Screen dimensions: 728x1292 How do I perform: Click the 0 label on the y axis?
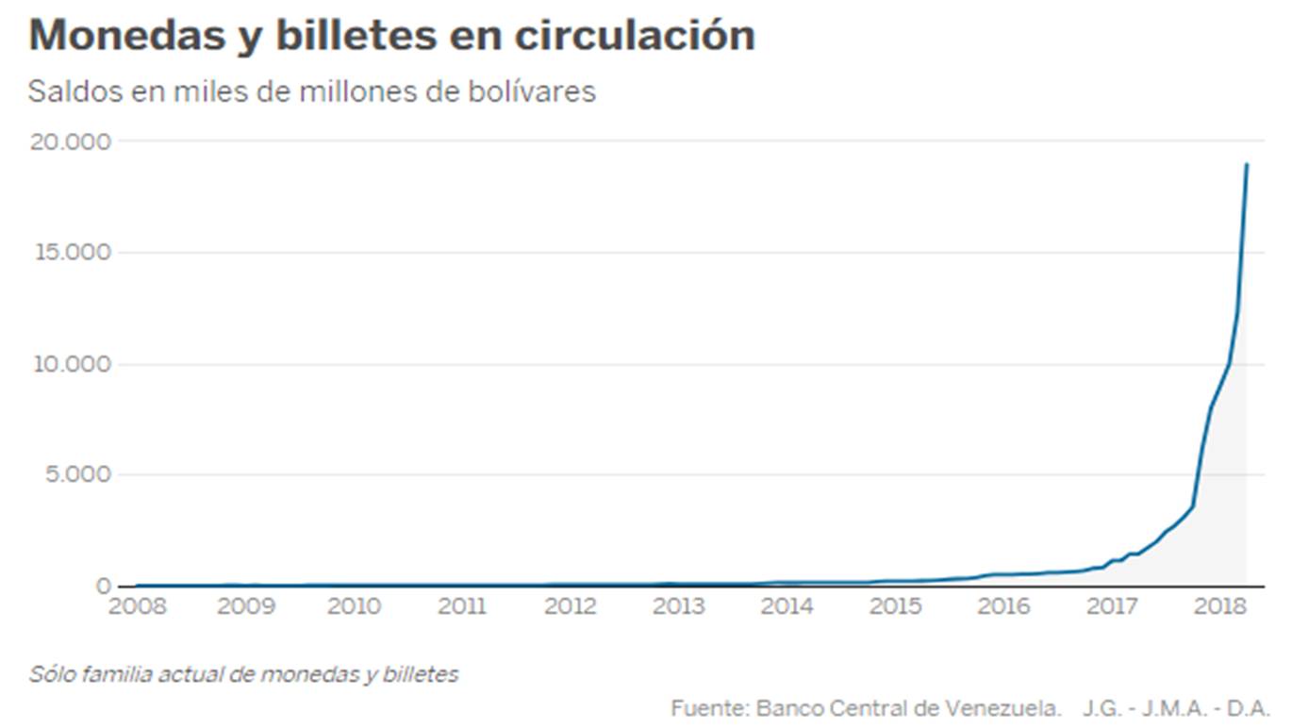click(104, 586)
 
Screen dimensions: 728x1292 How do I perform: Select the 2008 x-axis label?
click(137, 605)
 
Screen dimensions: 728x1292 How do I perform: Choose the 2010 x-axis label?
click(354, 605)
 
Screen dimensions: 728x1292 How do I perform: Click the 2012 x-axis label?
click(571, 605)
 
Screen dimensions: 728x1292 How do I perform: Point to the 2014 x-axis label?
click(787, 605)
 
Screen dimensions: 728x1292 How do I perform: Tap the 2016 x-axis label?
click(1003, 605)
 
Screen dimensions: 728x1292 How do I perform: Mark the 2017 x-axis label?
click(1113, 605)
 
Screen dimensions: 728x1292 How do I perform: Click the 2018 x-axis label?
click(1220, 605)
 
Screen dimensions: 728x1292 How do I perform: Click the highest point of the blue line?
click(1247, 164)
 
